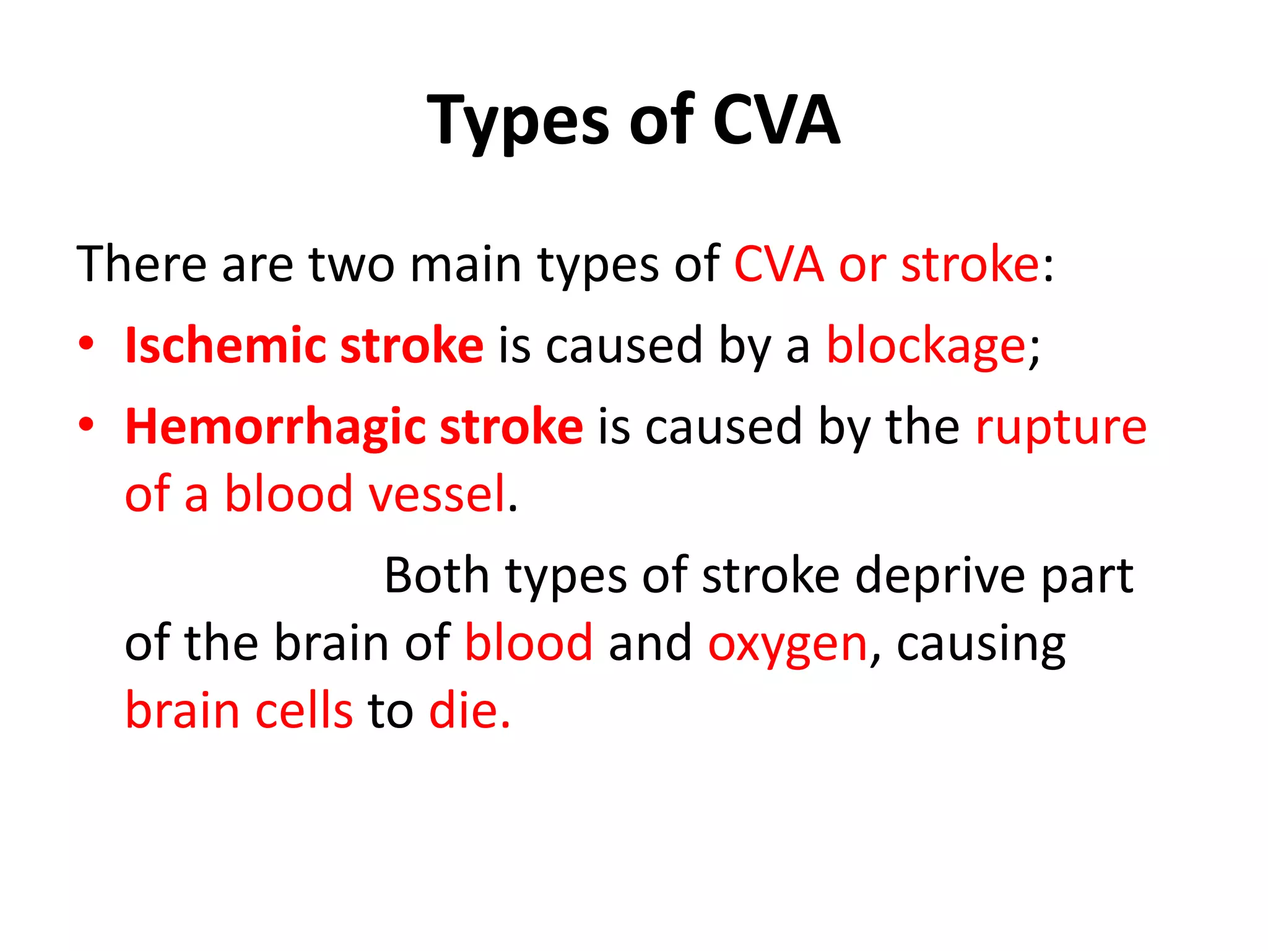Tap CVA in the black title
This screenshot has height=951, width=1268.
click(776, 121)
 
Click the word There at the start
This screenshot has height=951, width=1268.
click(141, 264)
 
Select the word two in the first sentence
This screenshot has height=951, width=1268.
click(352, 264)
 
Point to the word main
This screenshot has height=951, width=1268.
click(466, 264)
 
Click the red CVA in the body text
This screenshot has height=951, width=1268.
click(779, 264)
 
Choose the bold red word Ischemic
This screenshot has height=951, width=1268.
click(225, 345)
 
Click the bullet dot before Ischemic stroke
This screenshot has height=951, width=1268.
click(86, 344)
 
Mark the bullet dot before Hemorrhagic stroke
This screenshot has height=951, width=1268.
click(86, 425)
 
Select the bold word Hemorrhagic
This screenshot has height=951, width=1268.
click(275, 428)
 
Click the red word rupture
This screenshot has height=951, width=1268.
click(1061, 428)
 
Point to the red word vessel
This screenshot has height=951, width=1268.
click(438, 494)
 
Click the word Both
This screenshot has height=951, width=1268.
click(436, 576)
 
